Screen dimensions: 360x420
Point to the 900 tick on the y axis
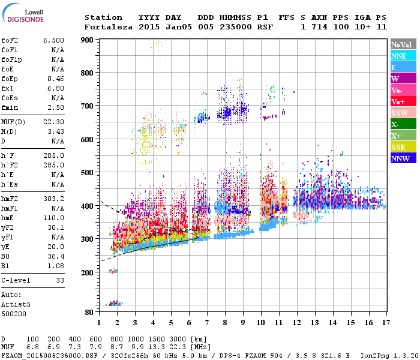(x=89, y=40)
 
